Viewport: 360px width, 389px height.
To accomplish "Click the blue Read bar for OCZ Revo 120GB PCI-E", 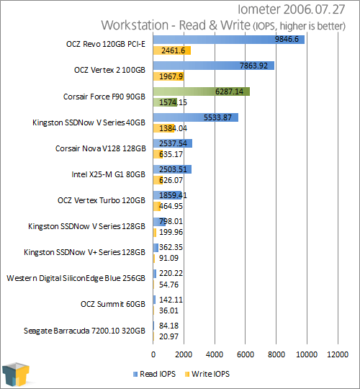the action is click(x=228, y=40).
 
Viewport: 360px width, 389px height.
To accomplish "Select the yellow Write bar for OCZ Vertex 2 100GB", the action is click(x=168, y=76).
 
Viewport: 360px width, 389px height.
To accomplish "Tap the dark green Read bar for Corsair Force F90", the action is click(x=202, y=91).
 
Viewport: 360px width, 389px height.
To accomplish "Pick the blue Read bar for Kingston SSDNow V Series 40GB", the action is click(x=196, y=117).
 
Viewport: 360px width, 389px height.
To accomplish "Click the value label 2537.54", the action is click(x=173, y=143).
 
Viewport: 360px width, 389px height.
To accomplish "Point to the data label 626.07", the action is click(x=171, y=180).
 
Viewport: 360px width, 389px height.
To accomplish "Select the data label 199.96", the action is click(x=171, y=232).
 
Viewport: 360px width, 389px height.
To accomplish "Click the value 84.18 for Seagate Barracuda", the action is click(x=169, y=326).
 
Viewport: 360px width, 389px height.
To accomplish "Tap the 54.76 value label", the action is click(x=168, y=285).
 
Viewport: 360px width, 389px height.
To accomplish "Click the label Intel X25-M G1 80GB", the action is click(x=108, y=174).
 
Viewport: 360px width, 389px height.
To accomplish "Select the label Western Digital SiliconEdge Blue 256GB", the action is click(x=76, y=278).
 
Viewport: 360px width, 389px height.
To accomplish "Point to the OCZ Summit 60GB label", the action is click(x=113, y=304).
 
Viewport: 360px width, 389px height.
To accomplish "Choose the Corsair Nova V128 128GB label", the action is click(x=100, y=148).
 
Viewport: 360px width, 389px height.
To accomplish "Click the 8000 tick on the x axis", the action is click(x=276, y=354).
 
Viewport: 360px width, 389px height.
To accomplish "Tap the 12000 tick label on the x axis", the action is click(x=338, y=354).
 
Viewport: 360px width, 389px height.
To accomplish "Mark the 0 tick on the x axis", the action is click(x=153, y=354).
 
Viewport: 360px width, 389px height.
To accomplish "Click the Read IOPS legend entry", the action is click(x=154, y=374).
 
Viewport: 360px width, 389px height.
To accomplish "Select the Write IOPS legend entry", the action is click(x=207, y=374).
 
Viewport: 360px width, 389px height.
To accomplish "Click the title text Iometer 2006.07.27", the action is click(x=292, y=9).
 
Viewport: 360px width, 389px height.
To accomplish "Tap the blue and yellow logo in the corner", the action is click(x=15, y=374).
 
